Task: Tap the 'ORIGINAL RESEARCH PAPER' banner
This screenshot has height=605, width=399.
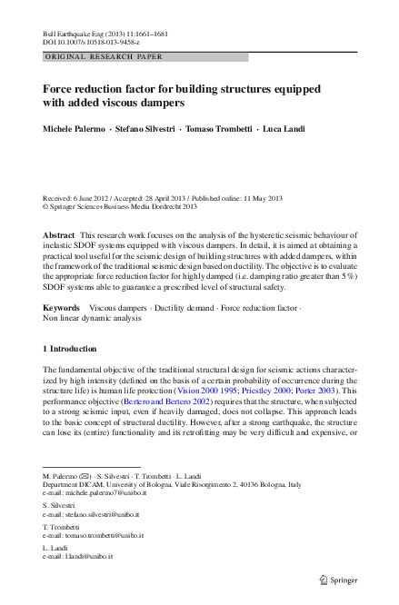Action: pos(103,56)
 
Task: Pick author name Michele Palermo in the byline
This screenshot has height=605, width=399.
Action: pos(73,129)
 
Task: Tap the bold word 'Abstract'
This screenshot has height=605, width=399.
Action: pos(59,234)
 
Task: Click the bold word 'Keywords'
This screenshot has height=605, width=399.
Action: pos(62,309)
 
